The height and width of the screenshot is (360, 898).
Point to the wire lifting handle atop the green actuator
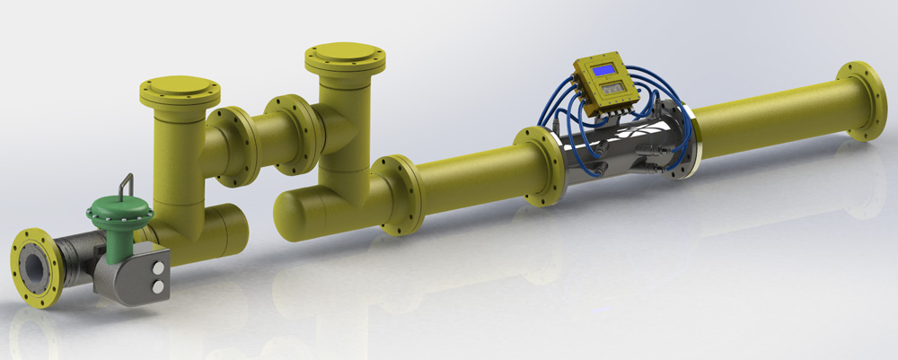[128, 183]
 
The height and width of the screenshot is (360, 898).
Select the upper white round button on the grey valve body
[159, 268]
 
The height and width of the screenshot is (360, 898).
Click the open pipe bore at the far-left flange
[34, 265]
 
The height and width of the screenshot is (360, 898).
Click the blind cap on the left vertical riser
[180, 90]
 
